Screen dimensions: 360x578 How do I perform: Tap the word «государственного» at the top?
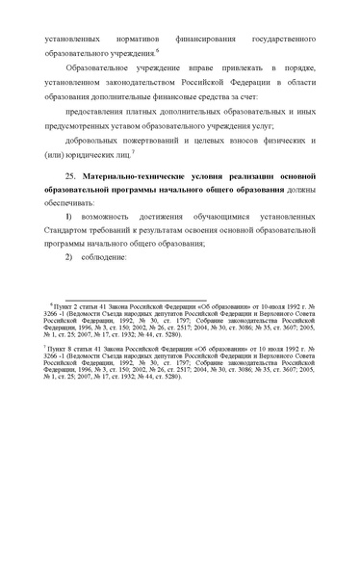click(278, 40)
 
